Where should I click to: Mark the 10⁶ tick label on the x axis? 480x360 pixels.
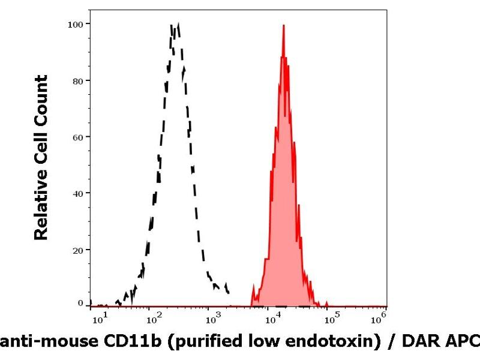coord(380,314)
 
